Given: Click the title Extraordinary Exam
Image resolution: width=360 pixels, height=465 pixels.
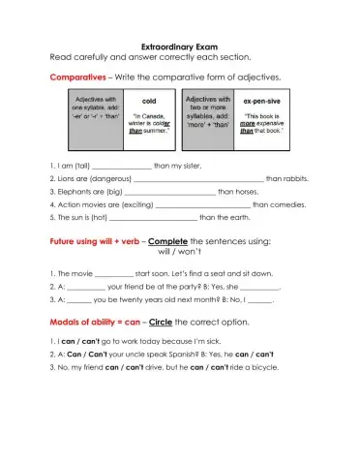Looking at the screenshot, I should pos(179,45).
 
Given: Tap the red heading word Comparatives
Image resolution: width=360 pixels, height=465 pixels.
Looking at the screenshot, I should pos(76,76).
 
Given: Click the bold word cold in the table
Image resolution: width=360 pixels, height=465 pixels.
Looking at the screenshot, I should pos(149,100).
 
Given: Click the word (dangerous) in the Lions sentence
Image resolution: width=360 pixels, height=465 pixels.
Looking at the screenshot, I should pos(104,178).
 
